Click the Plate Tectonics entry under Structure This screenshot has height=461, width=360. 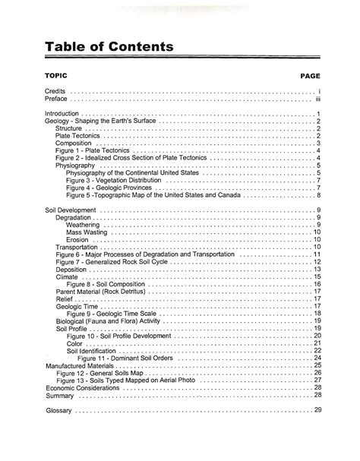[79, 136]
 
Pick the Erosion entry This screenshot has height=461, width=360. [77, 239]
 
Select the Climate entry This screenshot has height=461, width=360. [67, 276]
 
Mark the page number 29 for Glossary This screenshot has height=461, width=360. [318, 410]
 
